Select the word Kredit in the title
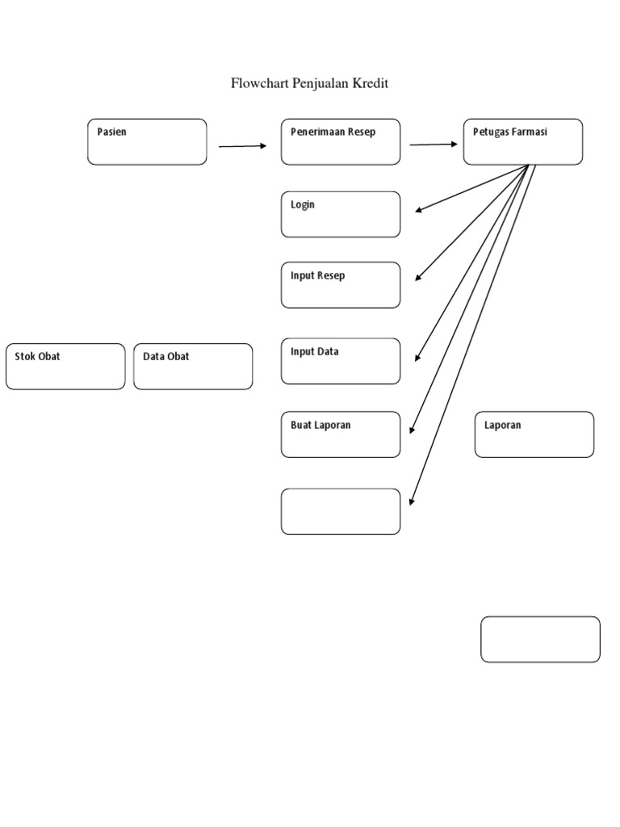(371, 84)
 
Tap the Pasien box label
(112, 132)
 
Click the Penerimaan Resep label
(333, 132)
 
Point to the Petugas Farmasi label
(509, 132)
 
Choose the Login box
(340, 214)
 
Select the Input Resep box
(340, 284)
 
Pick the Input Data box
(340, 360)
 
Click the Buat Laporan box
(340, 434)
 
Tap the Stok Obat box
(65, 367)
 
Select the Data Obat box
(193, 367)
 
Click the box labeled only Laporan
(534, 434)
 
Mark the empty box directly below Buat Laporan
(340, 511)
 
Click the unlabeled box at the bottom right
(540, 640)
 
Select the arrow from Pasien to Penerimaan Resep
(242, 146)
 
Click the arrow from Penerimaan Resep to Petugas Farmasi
(433, 145)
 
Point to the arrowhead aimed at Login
(419, 212)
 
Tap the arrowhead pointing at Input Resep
(418, 278)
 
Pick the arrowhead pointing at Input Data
(417, 358)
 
